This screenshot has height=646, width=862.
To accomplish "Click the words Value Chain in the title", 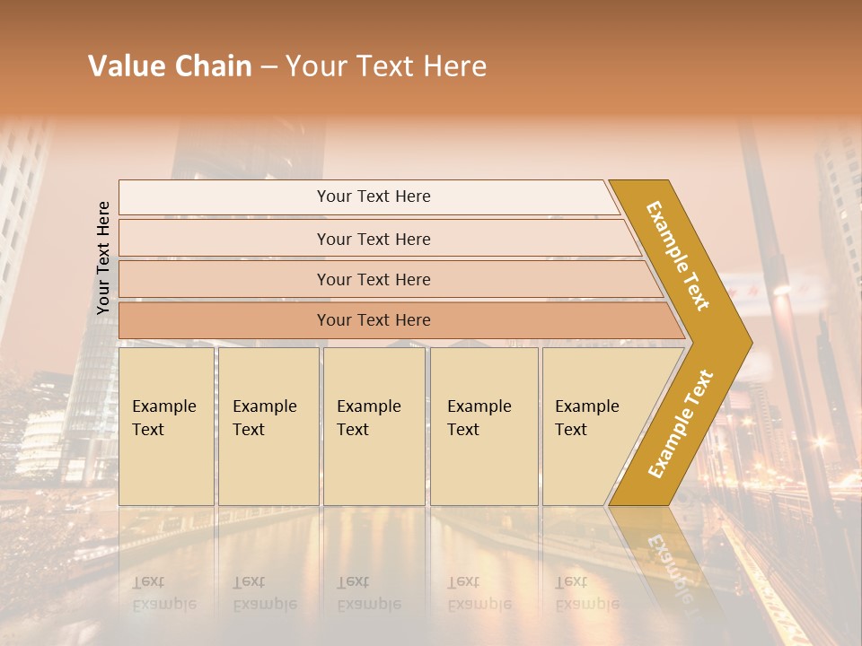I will (170, 66).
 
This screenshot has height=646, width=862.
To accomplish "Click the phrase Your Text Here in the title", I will (386, 66).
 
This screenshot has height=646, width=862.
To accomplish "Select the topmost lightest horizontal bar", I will (224, 197).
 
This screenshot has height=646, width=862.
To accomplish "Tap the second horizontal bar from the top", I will (224, 239).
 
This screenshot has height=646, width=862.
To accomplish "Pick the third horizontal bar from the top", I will (224, 279).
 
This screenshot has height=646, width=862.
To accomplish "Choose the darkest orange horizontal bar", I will (224, 320).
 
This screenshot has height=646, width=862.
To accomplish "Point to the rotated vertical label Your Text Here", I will (103, 258).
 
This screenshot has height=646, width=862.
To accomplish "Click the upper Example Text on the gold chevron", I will (678, 255).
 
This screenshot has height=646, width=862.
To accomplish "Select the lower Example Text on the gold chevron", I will (681, 423).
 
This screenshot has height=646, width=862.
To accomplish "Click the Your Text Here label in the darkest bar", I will (374, 320).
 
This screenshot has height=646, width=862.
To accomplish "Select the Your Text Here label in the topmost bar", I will (374, 196).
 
